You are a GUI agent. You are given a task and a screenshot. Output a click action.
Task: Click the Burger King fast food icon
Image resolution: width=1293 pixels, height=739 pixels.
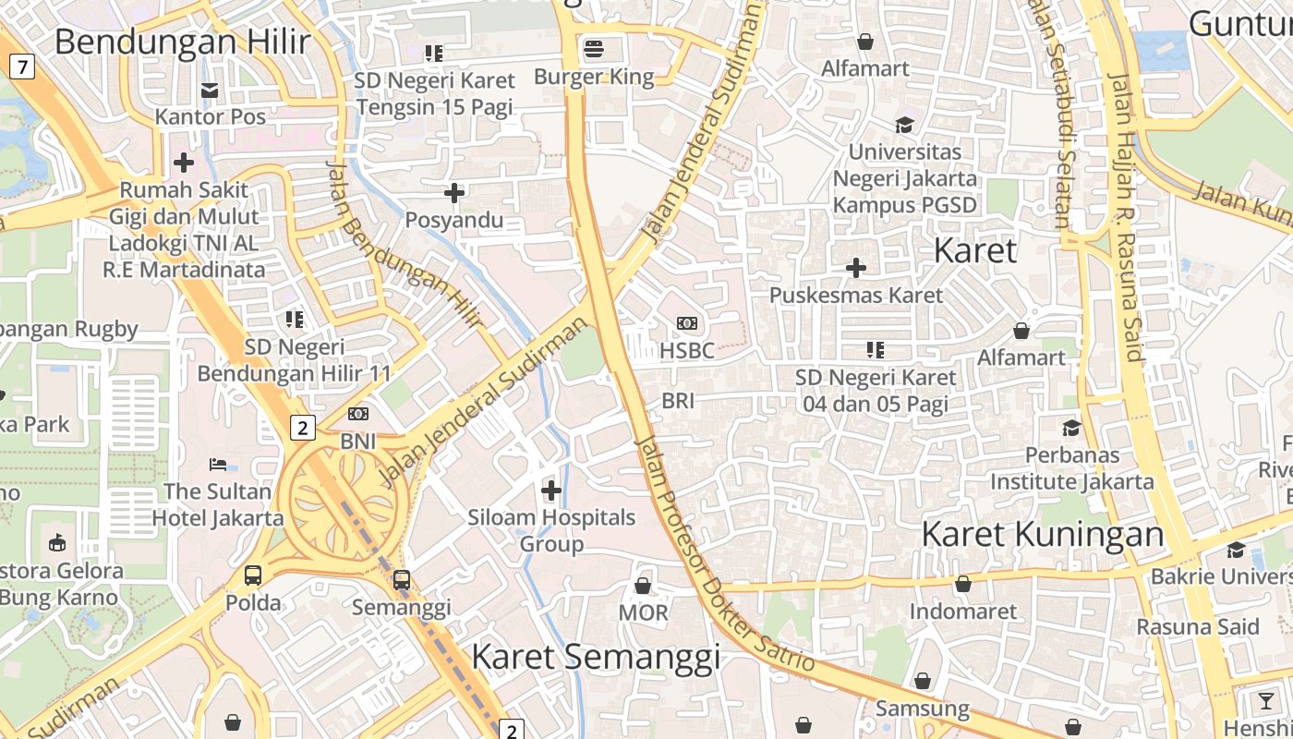(x=593, y=48)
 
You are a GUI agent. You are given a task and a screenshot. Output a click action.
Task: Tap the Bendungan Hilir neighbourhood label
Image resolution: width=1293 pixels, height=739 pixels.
(x=182, y=42)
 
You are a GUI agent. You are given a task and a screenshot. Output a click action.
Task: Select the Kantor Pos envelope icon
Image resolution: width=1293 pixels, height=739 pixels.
(x=210, y=90)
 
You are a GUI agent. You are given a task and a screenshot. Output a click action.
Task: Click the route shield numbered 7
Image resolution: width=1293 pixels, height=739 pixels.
(x=22, y=66)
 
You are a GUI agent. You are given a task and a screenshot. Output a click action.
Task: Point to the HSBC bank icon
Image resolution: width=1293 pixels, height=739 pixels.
(x=686, y=323)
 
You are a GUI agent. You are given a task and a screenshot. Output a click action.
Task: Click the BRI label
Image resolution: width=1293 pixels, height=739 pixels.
(x=678, y=401)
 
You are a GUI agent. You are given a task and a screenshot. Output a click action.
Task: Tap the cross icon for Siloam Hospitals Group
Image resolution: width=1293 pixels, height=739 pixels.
(x=551, y=490)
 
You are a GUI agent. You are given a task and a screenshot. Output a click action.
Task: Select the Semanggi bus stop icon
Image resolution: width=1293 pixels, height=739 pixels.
(x=401, y=580)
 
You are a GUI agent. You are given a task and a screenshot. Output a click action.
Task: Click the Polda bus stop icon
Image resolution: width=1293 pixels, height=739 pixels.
(x=253, y=575)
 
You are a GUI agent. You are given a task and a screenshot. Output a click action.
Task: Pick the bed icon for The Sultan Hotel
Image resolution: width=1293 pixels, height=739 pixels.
(x=218, y=464)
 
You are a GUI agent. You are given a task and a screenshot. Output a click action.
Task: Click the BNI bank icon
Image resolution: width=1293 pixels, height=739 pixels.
(x=358, y=415)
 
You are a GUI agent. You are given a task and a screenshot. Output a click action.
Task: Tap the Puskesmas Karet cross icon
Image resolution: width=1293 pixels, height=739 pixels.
(x=856, y=268)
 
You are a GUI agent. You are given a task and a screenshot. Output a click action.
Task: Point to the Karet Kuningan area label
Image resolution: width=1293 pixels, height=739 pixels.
(x=1043, y=534)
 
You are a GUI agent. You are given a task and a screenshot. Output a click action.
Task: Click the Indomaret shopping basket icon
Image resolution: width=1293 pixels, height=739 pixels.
(x=962, y=584)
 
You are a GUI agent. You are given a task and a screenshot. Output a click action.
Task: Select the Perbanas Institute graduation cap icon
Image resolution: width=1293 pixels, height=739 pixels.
(x=1071, y=428)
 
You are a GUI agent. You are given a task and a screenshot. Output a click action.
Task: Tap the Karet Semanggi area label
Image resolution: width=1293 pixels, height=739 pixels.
(x=596, y=656)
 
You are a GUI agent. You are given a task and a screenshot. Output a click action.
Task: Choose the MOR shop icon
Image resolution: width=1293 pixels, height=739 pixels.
(x=643, y=586)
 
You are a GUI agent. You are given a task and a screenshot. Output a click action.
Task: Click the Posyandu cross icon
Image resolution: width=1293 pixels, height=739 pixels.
(x=454, y=193)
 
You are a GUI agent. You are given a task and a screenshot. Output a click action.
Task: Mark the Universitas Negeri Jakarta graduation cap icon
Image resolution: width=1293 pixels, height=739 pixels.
(x=904, y=125)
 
